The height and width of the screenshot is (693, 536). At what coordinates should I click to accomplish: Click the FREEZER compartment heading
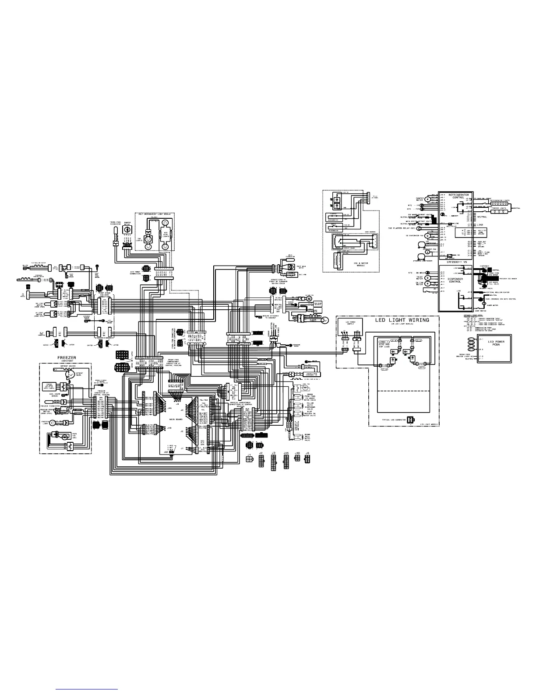[x=67, y=357]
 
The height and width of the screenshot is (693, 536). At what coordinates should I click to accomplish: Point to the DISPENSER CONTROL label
[x=458, y=280]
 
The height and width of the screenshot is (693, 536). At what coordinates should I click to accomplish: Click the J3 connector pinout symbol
[x=273, y=461]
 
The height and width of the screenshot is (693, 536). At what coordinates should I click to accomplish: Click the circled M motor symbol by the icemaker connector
[x=308, y=298]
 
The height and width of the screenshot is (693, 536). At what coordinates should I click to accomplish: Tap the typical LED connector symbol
[x=410, y=420]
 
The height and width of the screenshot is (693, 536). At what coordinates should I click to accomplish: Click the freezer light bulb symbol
[x=53, y=423]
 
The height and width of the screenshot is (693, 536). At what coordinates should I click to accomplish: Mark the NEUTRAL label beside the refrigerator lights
[x=517, y=208]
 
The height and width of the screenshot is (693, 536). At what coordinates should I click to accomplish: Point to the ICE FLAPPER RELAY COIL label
[x=402, y=228]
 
